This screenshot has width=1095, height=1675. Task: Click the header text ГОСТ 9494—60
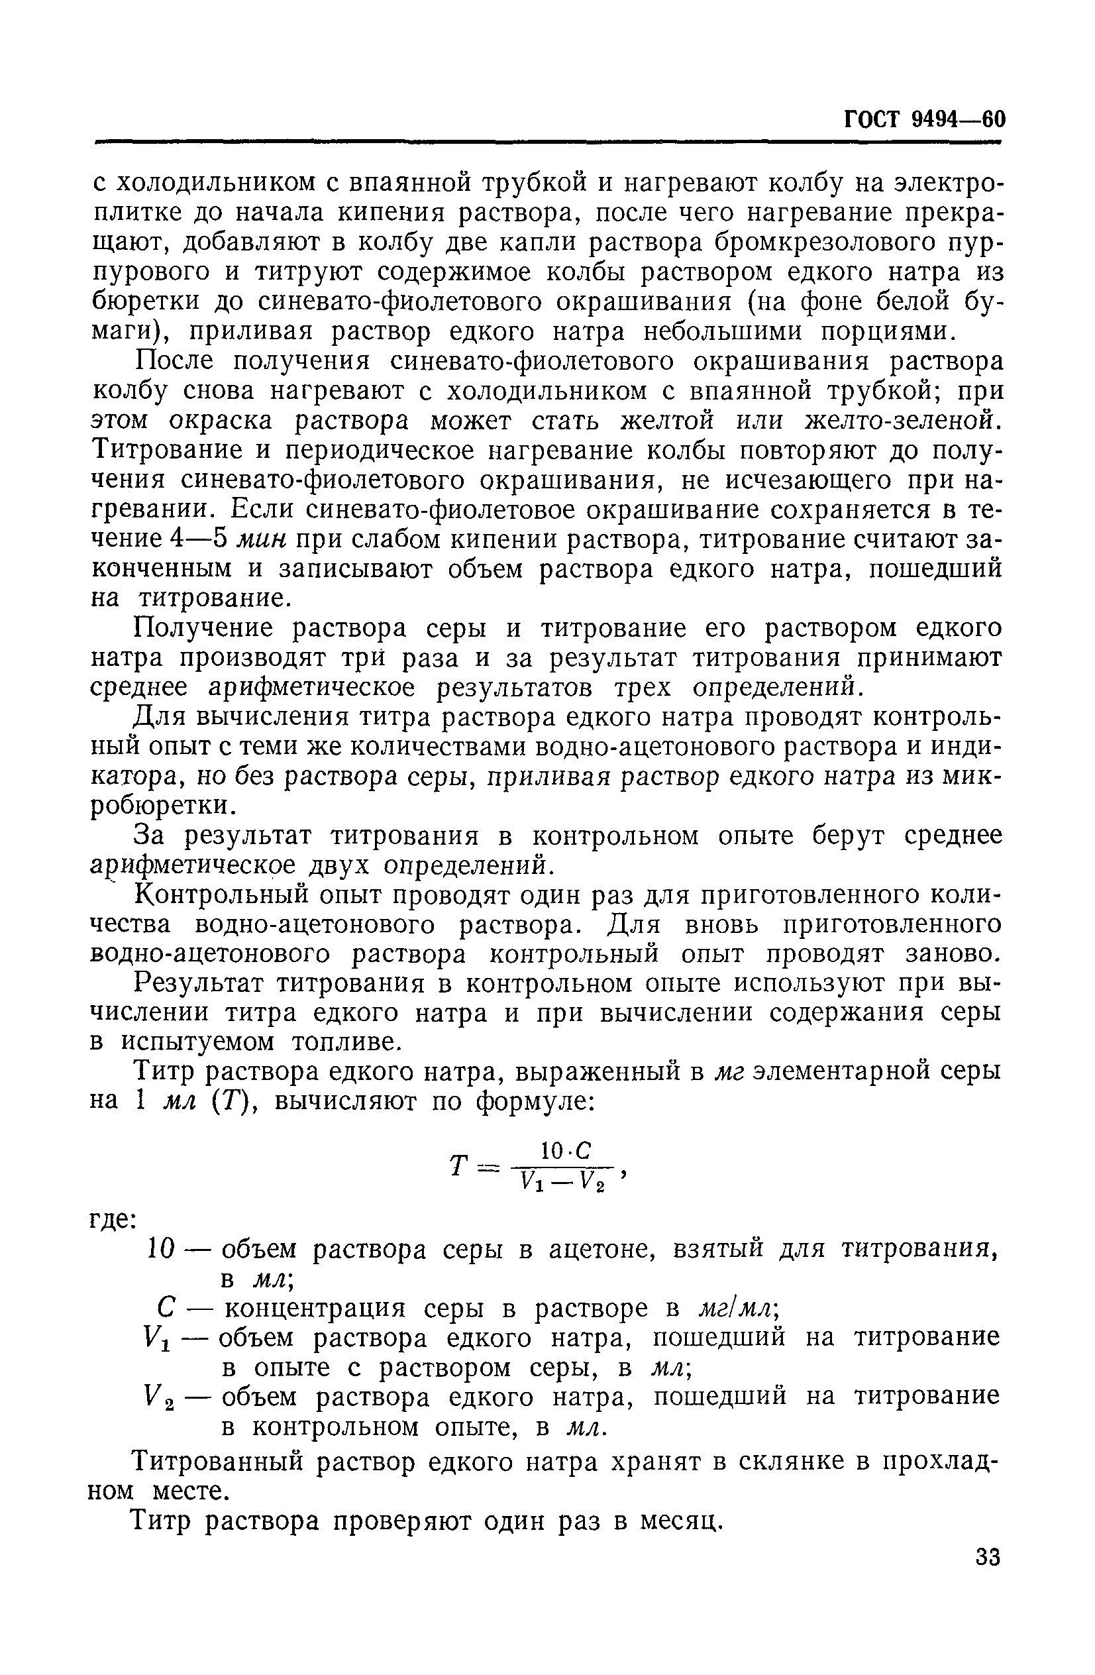(924, 121)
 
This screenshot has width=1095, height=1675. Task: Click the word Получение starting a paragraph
(205, 627)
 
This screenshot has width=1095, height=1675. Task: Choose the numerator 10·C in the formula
(565, 1152)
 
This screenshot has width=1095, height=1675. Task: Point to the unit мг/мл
(736, 1309)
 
